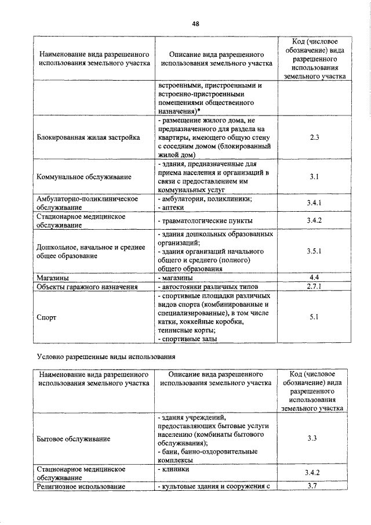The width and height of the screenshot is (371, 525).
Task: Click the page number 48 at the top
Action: click(195, 24)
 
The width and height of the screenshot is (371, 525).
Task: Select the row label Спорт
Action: click(46, 317)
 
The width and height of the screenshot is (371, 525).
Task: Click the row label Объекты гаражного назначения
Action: click(87, 287)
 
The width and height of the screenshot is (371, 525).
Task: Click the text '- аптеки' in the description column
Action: click(172, 208)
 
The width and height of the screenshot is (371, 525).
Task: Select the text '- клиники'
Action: click(174, 468)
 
